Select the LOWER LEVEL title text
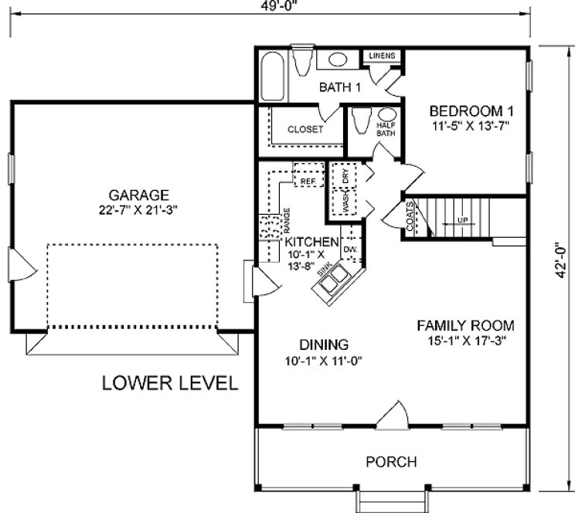pos(170,384)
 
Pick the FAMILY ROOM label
pos(465,324)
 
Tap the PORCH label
pos(391,462)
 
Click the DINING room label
pos(325,345)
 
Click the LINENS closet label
pos(383,56)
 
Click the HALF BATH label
pos(386,129)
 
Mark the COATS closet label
pos(410,217)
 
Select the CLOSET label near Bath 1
pos(305,130)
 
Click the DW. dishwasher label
pos(349,250)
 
